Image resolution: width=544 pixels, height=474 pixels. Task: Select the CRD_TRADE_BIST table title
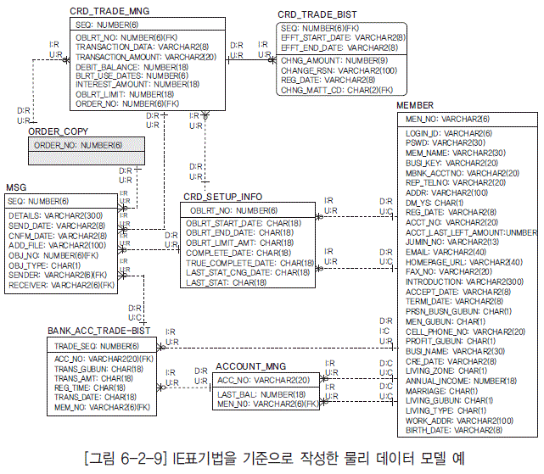pyautogui.click(x=317, y=15)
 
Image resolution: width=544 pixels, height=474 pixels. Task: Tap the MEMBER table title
pyautogui.click(x=415, y=105)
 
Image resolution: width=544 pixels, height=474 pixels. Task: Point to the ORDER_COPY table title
pyautogui.click(x=58, y=132)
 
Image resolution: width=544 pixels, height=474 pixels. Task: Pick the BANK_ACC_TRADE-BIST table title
pyautogui.click(x=98, y=332)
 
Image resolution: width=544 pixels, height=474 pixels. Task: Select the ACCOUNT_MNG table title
pyautogui.click(x=251, y=366)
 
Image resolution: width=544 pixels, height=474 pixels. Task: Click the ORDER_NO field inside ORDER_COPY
pyautogui.click(x=77, y=147)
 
